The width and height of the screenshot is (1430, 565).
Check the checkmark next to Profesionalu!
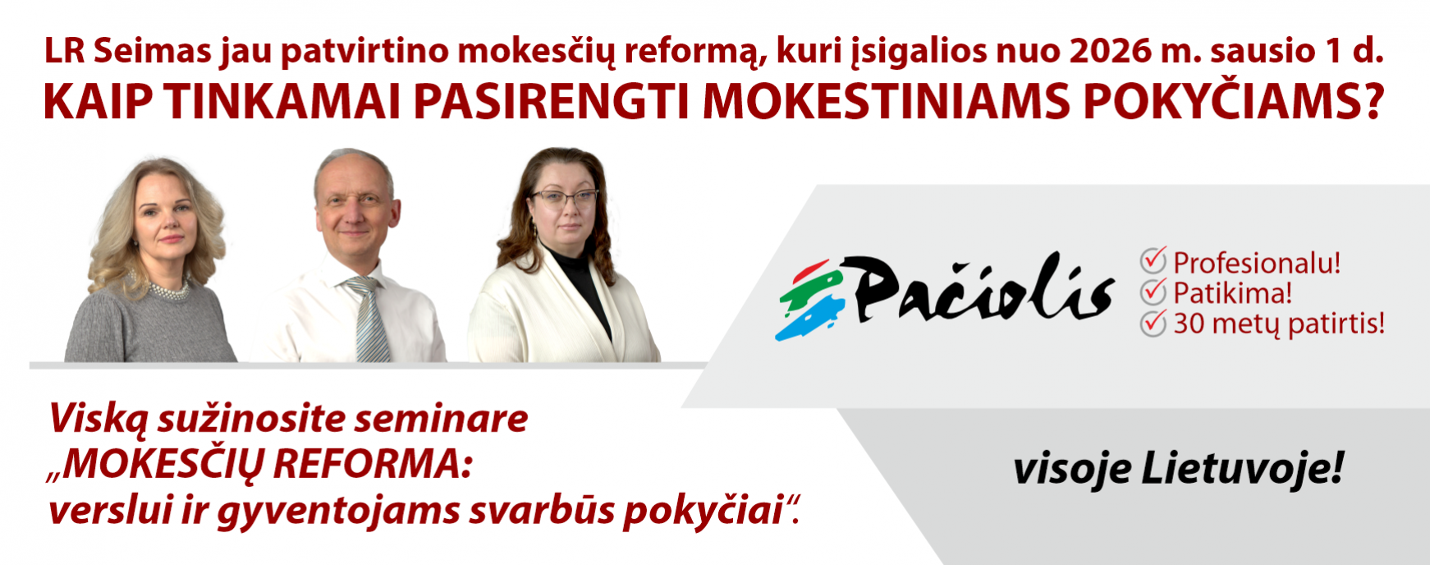click(1153, 260)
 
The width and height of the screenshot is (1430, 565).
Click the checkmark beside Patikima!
click(1153, 291)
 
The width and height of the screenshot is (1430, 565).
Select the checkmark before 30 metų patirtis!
click(1153, 322)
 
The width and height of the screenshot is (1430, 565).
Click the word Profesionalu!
click(1257, 263)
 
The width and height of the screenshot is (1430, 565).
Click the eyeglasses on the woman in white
click(566, 198)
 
